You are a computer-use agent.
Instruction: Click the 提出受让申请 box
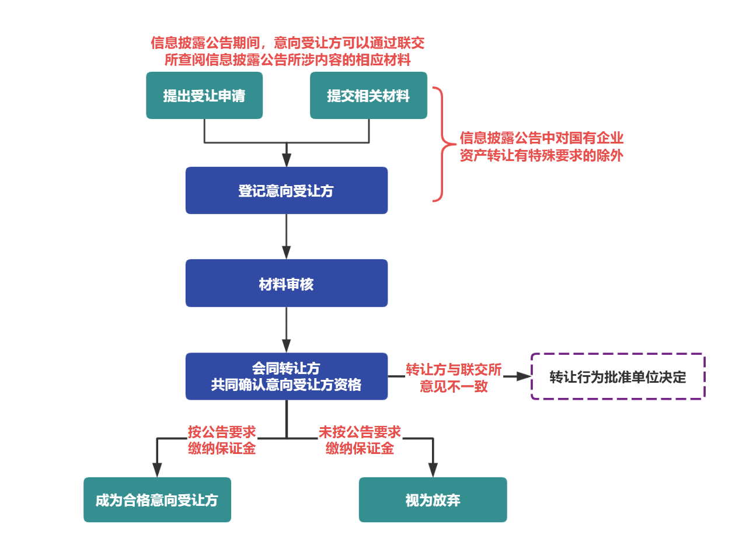[204, 96]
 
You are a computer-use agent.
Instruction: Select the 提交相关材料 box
[368, 96]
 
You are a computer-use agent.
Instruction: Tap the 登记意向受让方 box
[286, 191]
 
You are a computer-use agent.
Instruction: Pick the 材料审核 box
[286, 284]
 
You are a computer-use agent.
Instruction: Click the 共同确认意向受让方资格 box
[286, 376]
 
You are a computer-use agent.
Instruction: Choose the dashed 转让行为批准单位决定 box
[618, 376]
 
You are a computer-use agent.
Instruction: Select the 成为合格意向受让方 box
[157, 500]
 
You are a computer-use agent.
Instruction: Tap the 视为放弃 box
[433, 500]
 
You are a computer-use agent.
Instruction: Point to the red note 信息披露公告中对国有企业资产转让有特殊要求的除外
[541, 147]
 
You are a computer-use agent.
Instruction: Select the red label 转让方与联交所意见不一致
[454, 378]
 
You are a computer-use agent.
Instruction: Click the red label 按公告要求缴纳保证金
[222, 440]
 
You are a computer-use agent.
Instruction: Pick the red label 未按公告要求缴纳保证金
[360, 440]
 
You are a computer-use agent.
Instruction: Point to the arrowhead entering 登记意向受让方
[286, 160]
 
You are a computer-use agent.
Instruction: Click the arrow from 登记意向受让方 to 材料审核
[286, 236]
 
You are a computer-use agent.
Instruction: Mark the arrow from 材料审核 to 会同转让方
[286, 330]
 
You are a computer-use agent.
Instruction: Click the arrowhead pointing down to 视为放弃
[433, 470]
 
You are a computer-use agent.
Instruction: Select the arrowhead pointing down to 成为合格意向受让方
[157, 470]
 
